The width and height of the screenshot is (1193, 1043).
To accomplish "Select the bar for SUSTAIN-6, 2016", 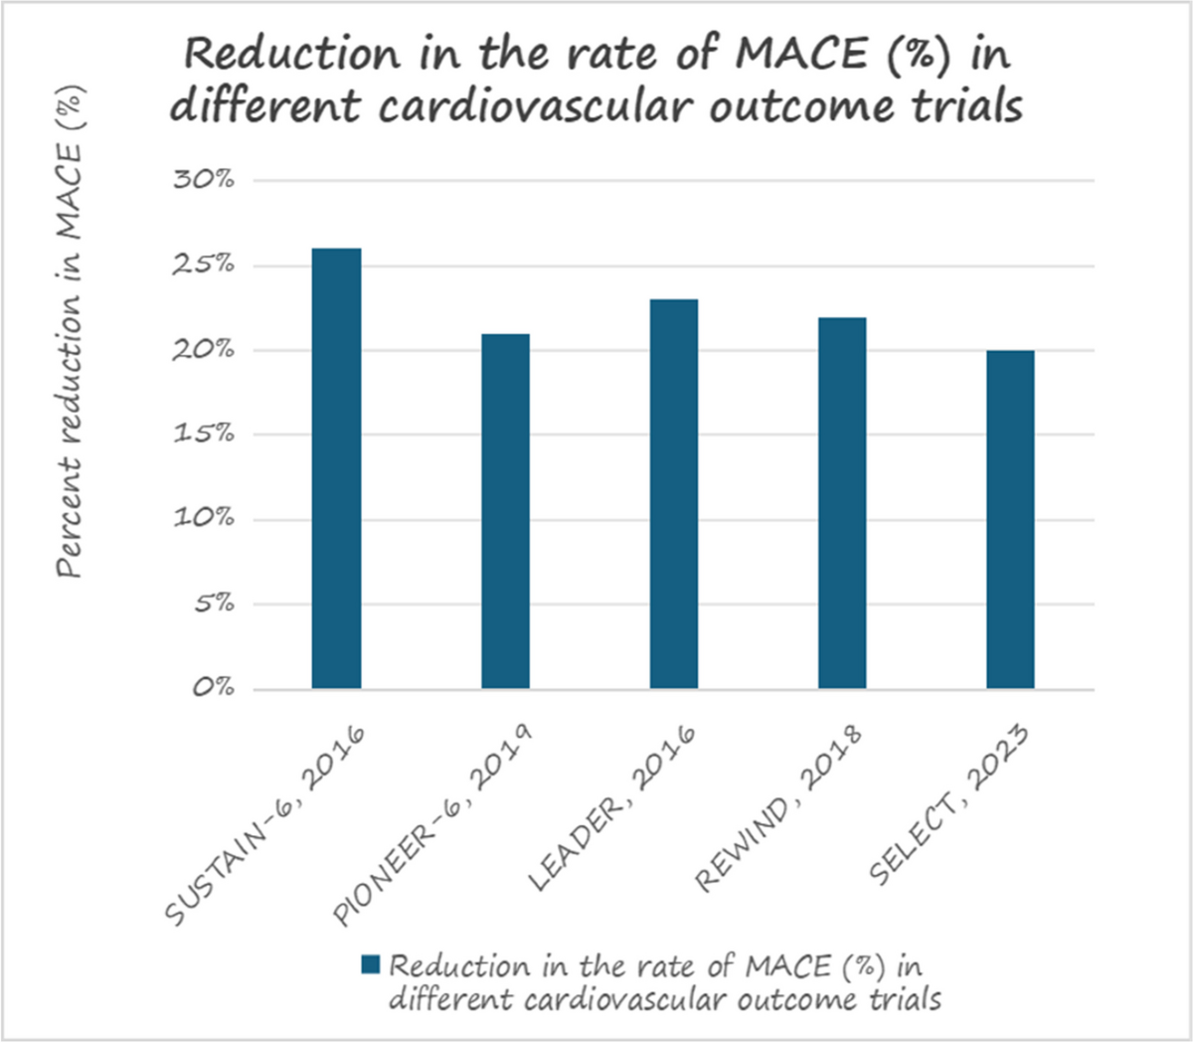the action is pos(336,468).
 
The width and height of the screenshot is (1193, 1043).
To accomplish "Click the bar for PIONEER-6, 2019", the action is pos(506,511).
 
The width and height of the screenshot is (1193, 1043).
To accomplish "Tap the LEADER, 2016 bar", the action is pos(674,494).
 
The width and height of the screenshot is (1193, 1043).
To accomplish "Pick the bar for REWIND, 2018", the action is pos(843,503).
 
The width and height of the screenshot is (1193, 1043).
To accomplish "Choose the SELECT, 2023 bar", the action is pos(1010,520).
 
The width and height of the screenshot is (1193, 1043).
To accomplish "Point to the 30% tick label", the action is pos(204,180).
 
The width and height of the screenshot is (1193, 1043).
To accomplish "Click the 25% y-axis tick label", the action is pos(204,264).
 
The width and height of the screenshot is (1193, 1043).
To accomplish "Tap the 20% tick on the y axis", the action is pos(204,350).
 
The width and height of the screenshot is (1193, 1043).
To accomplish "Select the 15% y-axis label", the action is pos(205,434).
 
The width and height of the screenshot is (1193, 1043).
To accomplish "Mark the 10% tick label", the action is pos(205,518).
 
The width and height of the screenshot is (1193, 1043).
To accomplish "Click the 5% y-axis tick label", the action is pos(214,604).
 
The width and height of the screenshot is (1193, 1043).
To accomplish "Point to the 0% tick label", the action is pos(214,688).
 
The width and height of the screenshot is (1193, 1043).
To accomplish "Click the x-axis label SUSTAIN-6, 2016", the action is pos(265,826).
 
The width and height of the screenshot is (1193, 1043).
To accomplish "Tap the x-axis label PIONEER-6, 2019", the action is pos(433,826).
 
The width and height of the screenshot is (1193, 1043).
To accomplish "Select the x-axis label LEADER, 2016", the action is pos(612,808).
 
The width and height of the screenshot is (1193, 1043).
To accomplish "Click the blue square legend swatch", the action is pos(370,964).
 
